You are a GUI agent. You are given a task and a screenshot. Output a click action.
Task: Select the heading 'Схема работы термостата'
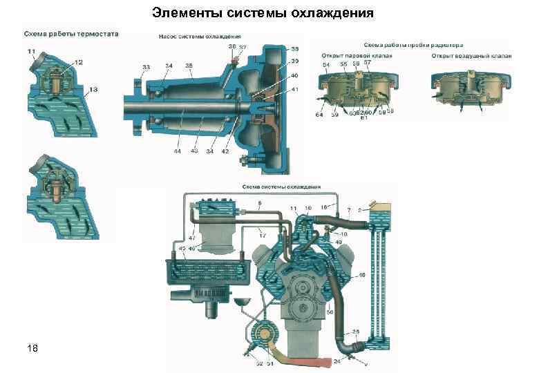(x=71, y=33)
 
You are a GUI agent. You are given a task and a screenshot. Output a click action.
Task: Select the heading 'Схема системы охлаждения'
(x=281, y=187)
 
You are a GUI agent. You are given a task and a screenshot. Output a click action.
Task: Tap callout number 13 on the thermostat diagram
(x=93, y=89)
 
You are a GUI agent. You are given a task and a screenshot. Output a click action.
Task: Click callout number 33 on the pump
(x=146, y=67)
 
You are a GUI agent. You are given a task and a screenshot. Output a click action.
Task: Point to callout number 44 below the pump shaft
(x=178, y=151)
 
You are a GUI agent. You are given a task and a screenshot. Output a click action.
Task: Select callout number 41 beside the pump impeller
(x=295, y=90)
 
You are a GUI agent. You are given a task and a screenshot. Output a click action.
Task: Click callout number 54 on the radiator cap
(x=325, y=65)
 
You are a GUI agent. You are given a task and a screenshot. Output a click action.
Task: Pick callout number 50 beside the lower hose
(x=330, y=313)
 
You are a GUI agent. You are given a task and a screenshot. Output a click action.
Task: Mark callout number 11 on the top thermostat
(x=32, y=52)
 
